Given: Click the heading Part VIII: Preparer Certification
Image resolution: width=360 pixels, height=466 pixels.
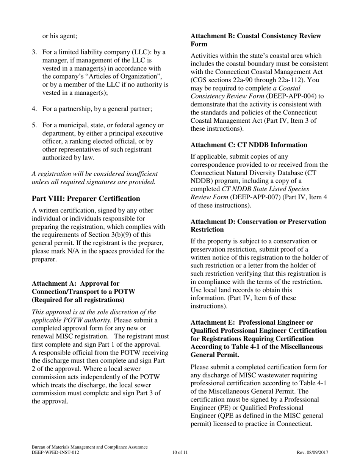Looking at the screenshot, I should (86, 199).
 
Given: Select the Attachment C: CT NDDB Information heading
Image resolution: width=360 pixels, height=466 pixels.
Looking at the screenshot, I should (249, 145).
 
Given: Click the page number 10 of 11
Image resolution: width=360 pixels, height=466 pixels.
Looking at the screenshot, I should (180, 452).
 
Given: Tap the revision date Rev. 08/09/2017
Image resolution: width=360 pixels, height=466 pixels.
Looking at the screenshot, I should (312, 452).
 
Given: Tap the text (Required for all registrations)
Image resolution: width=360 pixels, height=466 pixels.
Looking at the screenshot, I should (78, 300).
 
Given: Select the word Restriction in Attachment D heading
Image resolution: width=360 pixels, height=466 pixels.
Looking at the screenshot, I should (207, 230).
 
